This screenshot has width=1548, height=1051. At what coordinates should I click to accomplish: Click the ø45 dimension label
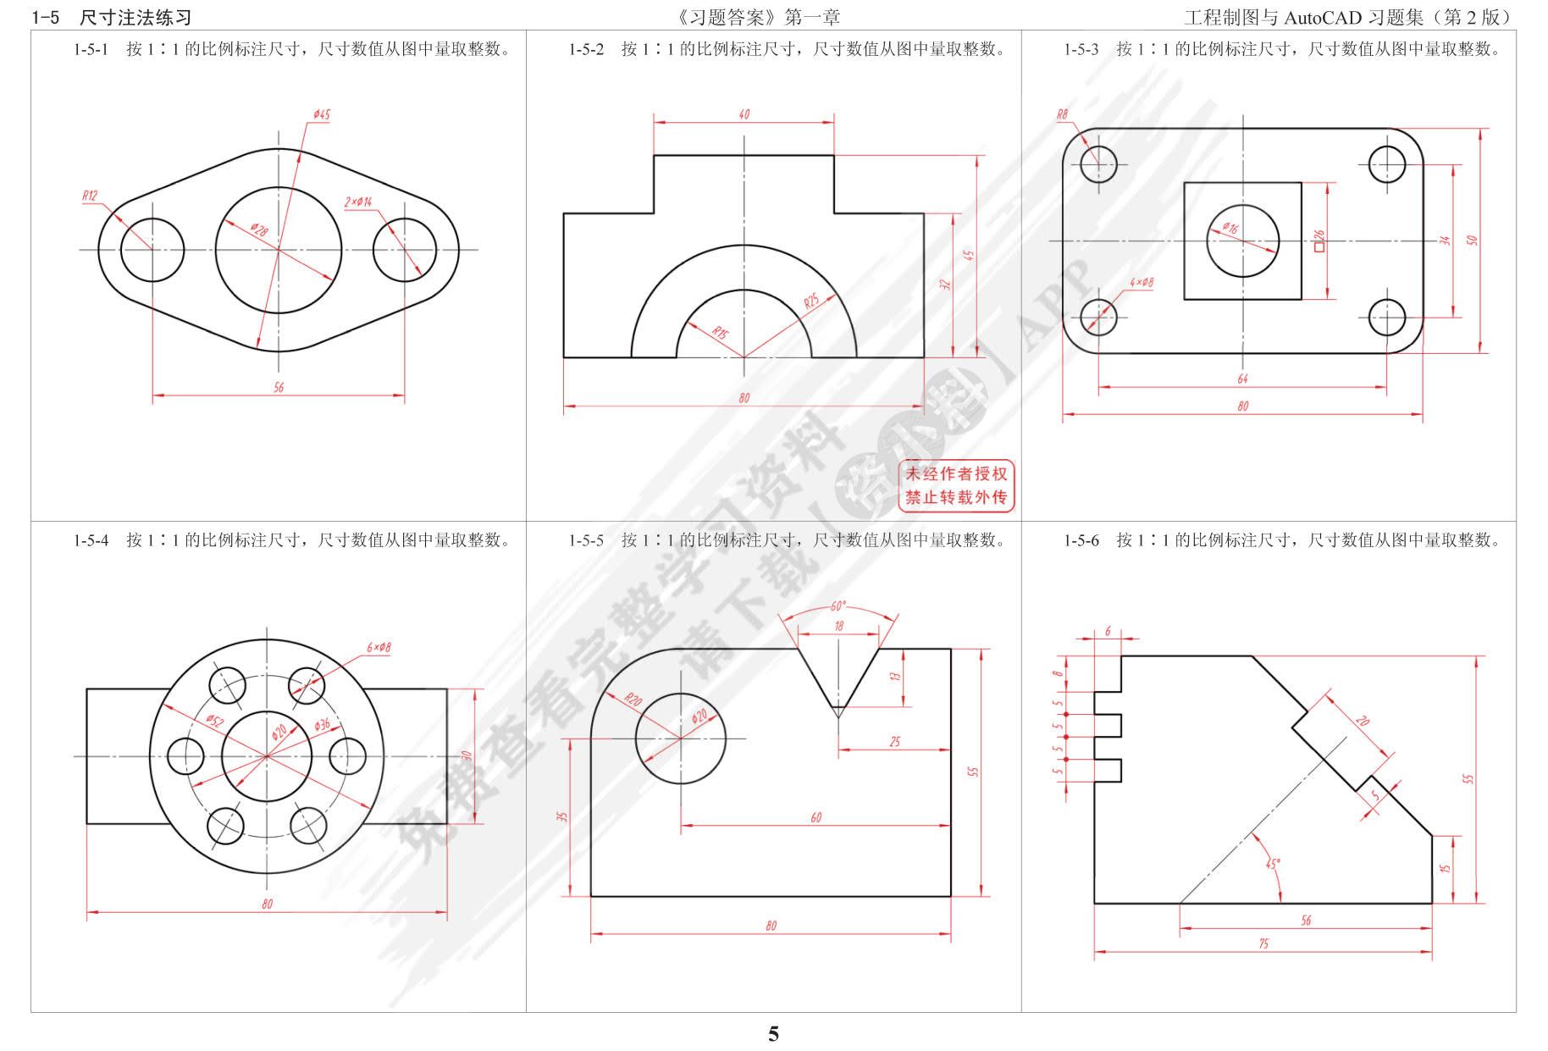coord(321,114)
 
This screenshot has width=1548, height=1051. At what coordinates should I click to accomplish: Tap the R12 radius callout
coord(90,196)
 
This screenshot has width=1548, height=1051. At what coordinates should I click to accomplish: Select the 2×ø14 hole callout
coord(358,202)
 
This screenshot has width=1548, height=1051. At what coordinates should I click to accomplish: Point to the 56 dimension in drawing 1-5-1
coord(279,387)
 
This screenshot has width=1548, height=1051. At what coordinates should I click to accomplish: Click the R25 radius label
coord(812,301)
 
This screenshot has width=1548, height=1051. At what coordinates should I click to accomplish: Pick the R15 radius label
coord(719,333)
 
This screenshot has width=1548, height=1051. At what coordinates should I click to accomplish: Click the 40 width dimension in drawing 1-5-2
coord(744,114)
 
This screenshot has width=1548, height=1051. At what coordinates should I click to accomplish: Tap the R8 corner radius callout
coord(1062,114)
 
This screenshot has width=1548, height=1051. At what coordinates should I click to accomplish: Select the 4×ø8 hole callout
coord(1142,282)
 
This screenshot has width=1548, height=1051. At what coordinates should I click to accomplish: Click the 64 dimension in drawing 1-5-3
coord(1242,379)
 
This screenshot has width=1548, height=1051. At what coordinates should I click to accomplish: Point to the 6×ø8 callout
coord(379,648)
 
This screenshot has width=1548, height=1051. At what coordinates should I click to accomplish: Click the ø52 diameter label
coord(214,721)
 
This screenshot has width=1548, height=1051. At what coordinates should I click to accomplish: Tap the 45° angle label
coord(1273,864)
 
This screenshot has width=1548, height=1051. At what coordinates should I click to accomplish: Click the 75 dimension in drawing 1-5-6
coord(1263,943)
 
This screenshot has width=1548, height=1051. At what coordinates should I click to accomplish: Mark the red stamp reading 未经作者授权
coord(957,473)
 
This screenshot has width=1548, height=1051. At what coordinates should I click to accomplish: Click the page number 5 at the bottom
coord(773,1034)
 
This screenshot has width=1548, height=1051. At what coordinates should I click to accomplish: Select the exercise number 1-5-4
coord(91,540)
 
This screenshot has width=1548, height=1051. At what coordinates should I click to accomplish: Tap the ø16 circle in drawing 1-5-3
coord(1242,241)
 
